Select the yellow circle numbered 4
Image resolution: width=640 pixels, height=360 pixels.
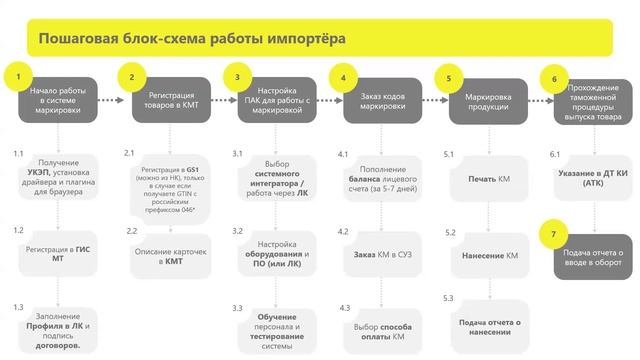pos(343,77)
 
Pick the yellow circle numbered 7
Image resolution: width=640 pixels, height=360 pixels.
pos(552,236)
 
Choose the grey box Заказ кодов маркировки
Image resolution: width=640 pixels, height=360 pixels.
pos(383,99)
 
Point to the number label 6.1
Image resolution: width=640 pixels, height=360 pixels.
pos(556,155)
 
